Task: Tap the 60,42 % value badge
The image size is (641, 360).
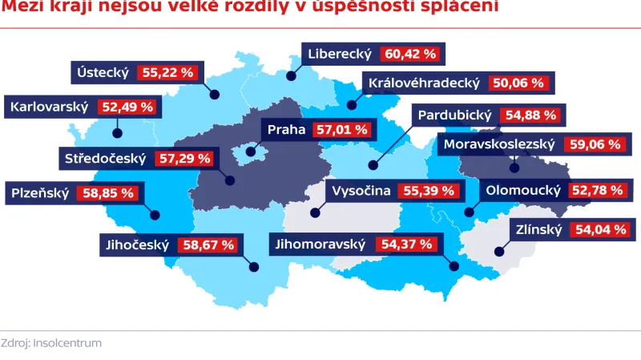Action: (x=409, y=55)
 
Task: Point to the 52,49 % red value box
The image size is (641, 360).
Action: (x=127, y=107)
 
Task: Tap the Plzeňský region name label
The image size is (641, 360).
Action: (x=39, y=192)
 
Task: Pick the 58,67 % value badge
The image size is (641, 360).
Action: (x=208, y=245)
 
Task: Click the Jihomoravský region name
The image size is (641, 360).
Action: (x=320, y=244)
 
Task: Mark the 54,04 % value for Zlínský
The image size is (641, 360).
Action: (x=598, y=229)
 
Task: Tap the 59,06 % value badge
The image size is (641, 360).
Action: (x=594, y=145)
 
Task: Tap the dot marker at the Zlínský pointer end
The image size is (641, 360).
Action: (x=498, y=251)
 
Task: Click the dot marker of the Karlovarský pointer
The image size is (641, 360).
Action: (x=117, y=133)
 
